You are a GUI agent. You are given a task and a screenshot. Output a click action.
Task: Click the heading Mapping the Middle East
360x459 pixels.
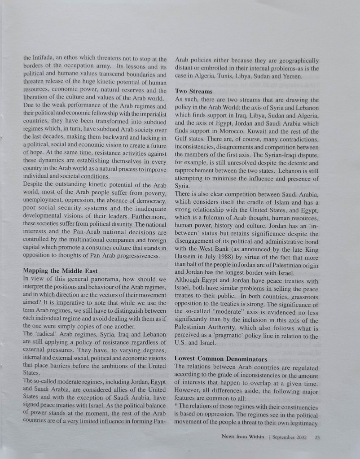pos(60,271)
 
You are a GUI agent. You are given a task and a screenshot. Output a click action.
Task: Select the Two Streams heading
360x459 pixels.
pos(194,91)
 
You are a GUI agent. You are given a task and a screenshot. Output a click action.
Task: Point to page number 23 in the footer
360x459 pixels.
pos(317,437)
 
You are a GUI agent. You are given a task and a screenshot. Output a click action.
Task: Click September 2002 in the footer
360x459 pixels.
pos(289,437)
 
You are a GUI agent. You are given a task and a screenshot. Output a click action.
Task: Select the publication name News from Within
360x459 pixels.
pos(244,437)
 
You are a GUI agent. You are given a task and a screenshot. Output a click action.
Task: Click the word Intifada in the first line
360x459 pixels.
pos(44,59)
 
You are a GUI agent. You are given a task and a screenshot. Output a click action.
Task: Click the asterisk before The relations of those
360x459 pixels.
pos(176,407)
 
